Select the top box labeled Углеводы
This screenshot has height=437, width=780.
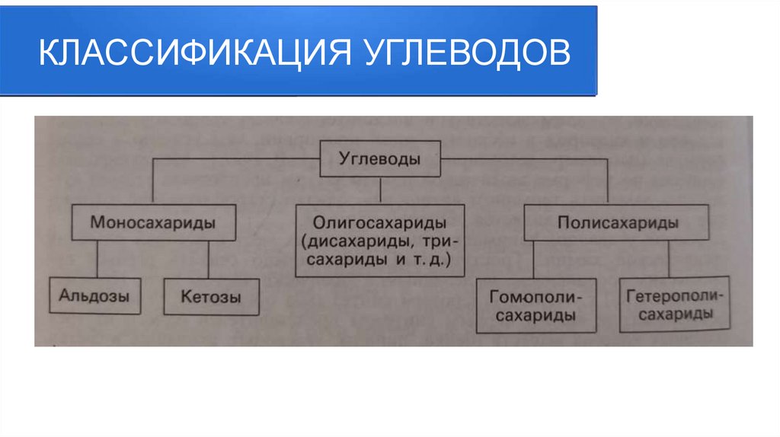(x=379, y=160)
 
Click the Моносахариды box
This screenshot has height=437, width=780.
(x=152, y=224)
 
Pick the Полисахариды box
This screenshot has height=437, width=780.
(x=617, y=224)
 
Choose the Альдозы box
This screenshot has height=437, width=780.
(x=94, y=295)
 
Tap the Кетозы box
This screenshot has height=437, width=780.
(x=211, y=296)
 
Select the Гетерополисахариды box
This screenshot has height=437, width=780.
(x=670, y=305)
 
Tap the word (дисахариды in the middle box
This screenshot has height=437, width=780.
(x=344, y=242)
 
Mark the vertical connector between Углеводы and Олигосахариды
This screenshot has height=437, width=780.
(x=379, y=190)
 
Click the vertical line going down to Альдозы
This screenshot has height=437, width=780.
(x=97, y=260)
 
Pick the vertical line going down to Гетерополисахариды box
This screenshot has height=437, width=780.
(x=669, y=260)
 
